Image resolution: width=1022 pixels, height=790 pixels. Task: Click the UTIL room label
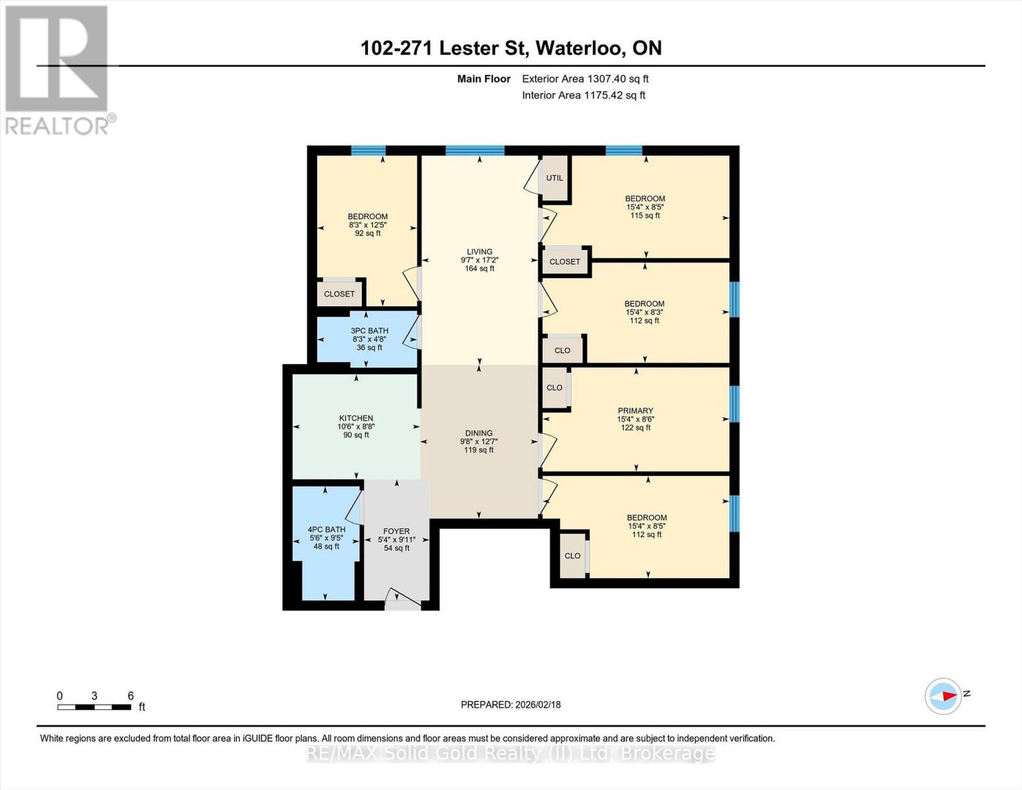[x=555, y=178]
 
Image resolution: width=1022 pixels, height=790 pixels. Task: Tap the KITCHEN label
[x=356, y=418]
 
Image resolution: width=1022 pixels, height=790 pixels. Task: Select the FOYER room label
[x=396, y=531]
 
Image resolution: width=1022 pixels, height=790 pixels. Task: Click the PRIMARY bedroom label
[x=636, y=410]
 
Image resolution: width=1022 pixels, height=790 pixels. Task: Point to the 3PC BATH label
[x=369, y=330]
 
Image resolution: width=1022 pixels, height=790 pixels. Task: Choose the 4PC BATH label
[x=326, y=529]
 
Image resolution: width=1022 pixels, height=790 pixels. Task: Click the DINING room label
[x=479, y=433]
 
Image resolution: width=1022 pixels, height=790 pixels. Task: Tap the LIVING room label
[x=479, y=251]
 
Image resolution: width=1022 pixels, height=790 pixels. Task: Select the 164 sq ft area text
[x=479, y=269]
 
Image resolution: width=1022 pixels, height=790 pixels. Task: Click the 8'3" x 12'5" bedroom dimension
[x=367, y=225]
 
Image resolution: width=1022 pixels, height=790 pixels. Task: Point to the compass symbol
[x=943, y=697]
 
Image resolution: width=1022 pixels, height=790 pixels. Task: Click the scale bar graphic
[x=94, y=707]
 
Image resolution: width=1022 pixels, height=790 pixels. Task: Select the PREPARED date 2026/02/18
[x=538, y=705]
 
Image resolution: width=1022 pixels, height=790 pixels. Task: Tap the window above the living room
[x=475, y=151]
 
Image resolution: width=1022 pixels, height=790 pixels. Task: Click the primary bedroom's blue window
[x=734, y=404]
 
